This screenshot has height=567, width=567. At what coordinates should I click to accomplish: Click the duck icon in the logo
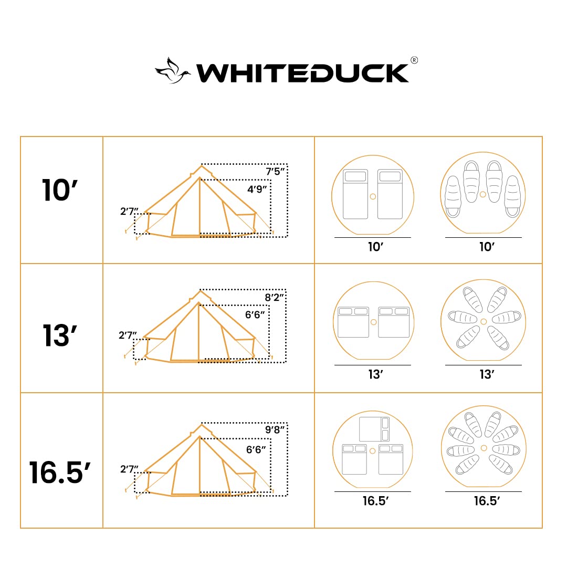[x=172, y=71]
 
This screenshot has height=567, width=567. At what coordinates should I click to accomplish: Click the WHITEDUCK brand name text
[x=302, y=73]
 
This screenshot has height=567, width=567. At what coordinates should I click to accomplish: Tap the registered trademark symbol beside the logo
[x=414, y=60]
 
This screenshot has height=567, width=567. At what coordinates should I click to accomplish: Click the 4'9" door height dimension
[x=258, y=189]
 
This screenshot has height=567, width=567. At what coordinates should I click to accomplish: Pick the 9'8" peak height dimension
[x=275, y=429]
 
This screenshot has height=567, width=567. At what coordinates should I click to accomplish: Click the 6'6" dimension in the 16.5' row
[x=256, y=449]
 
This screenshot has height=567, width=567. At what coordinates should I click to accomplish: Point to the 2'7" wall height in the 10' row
[x=129, y=212]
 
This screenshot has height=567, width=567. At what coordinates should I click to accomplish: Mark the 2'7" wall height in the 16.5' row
[x=129, y=469]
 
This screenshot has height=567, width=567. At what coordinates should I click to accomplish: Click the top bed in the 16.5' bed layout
[x=373, y=429]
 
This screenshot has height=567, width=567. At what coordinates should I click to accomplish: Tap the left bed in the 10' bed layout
[x=355, y=194]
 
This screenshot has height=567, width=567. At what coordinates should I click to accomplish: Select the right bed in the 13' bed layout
[x=394, y=322]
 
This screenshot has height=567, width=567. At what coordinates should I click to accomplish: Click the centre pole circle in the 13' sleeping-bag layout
[x=484, y=321]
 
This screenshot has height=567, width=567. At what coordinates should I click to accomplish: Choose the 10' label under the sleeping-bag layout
[x=487, y=247]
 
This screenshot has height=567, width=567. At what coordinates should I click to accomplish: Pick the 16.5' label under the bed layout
[x=375, y=501]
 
